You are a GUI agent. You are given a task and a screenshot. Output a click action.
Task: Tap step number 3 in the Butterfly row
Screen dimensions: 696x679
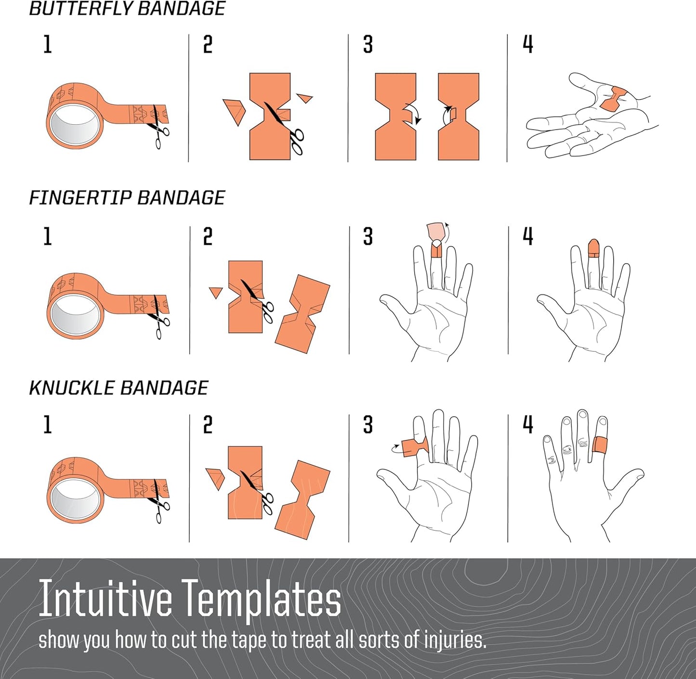point(368,45)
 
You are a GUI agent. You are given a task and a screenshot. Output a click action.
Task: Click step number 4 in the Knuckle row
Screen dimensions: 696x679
point(528,425)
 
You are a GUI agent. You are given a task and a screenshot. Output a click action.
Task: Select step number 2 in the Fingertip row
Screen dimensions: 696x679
point(208,236)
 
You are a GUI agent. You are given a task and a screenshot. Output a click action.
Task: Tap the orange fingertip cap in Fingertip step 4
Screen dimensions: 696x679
point(594,248)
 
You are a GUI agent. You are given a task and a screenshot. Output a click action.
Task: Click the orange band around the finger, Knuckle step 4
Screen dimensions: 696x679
point(600,445)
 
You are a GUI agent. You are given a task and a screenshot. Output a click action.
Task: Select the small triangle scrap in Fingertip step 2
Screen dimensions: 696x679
point(216,292)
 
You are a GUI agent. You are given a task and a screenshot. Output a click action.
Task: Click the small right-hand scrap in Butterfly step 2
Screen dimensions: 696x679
point(305,97)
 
